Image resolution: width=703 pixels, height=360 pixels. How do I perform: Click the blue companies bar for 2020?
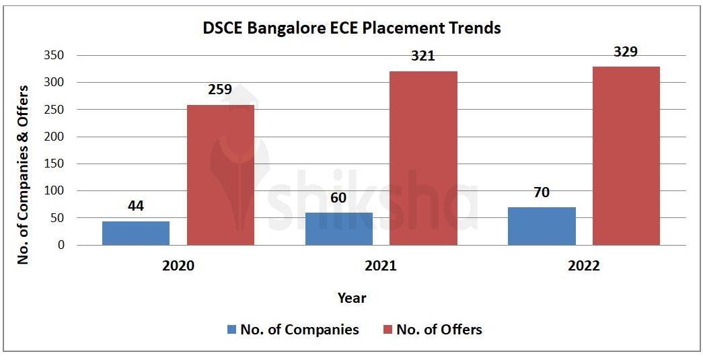point(136,233)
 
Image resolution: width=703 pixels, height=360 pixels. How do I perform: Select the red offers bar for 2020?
point(221,175)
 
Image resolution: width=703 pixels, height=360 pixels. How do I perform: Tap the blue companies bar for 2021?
point(338,229)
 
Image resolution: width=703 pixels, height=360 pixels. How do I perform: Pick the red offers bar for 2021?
point(423,158)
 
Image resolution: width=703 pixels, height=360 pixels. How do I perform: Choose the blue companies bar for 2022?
point(542,226)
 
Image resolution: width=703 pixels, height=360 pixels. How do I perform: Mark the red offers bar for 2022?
point(626,155)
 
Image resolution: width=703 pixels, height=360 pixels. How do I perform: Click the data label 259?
point(221,89)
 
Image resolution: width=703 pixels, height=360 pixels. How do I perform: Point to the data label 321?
point(423,56)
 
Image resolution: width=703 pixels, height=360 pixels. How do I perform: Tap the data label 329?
point(626,52)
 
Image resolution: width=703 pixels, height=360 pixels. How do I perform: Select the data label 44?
point(136,206)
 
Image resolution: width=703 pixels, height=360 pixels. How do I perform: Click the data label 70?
point(542,192)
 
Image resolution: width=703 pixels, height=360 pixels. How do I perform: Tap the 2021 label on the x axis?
point(381,266)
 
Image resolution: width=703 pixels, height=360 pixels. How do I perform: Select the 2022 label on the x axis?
point(583,266)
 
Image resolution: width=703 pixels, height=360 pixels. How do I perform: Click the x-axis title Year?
point(352,297)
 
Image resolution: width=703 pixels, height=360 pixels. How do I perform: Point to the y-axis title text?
point(24,174)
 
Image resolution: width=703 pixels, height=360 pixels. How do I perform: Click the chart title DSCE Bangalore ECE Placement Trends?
point(352,28)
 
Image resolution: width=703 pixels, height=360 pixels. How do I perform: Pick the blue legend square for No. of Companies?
point(231,330)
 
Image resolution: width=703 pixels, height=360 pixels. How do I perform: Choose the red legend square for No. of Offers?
point(387,330)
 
